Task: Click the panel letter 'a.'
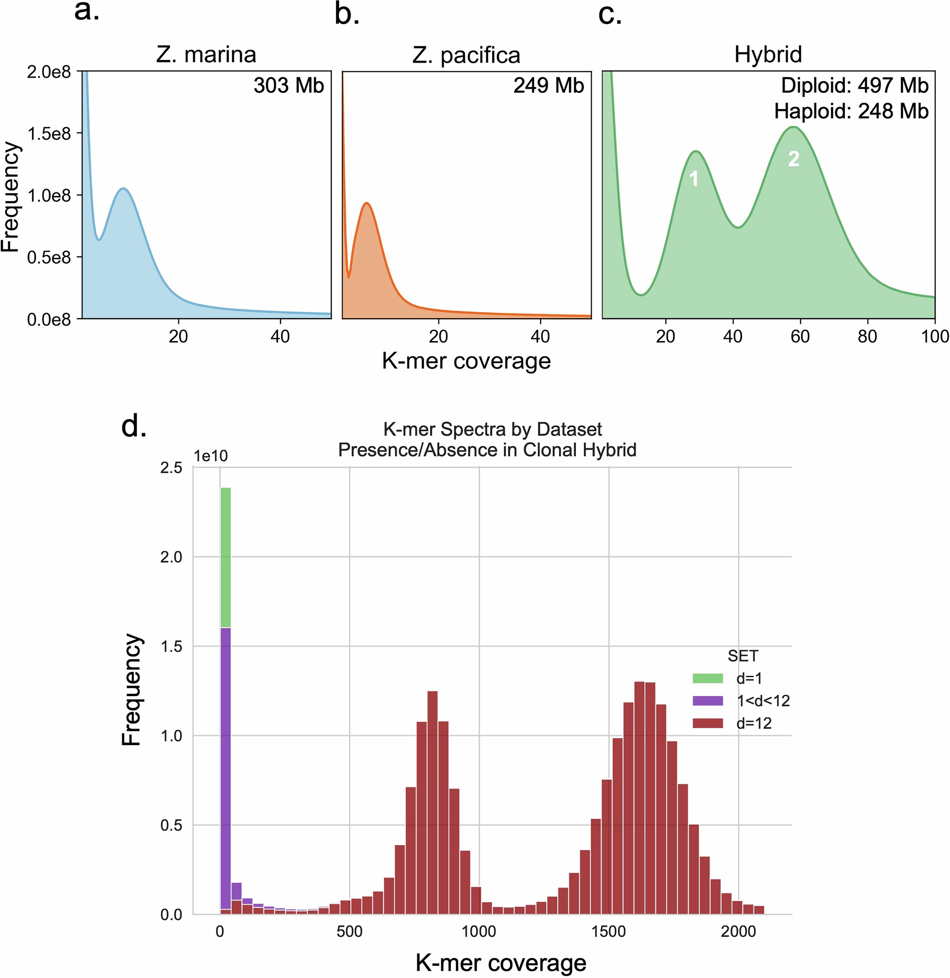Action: [87, 11]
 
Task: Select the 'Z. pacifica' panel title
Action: [466, 55]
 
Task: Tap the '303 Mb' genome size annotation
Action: [288, 85]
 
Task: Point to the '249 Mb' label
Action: [548, 85]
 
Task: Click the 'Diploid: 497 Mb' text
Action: [854, 85]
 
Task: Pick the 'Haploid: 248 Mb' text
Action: [851, 111]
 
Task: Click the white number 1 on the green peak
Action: [694, 179]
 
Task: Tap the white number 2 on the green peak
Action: [793, 159]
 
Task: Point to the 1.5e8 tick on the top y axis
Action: [48, 134]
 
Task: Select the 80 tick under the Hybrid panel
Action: [867, 337]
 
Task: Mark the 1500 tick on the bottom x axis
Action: [608, 932]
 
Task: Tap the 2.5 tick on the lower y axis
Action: [171, 468]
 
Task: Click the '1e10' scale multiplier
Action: [211, 456]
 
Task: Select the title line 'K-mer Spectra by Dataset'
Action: [493, 429]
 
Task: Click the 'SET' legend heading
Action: [742, 655]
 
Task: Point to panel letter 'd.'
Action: [134, 427]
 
